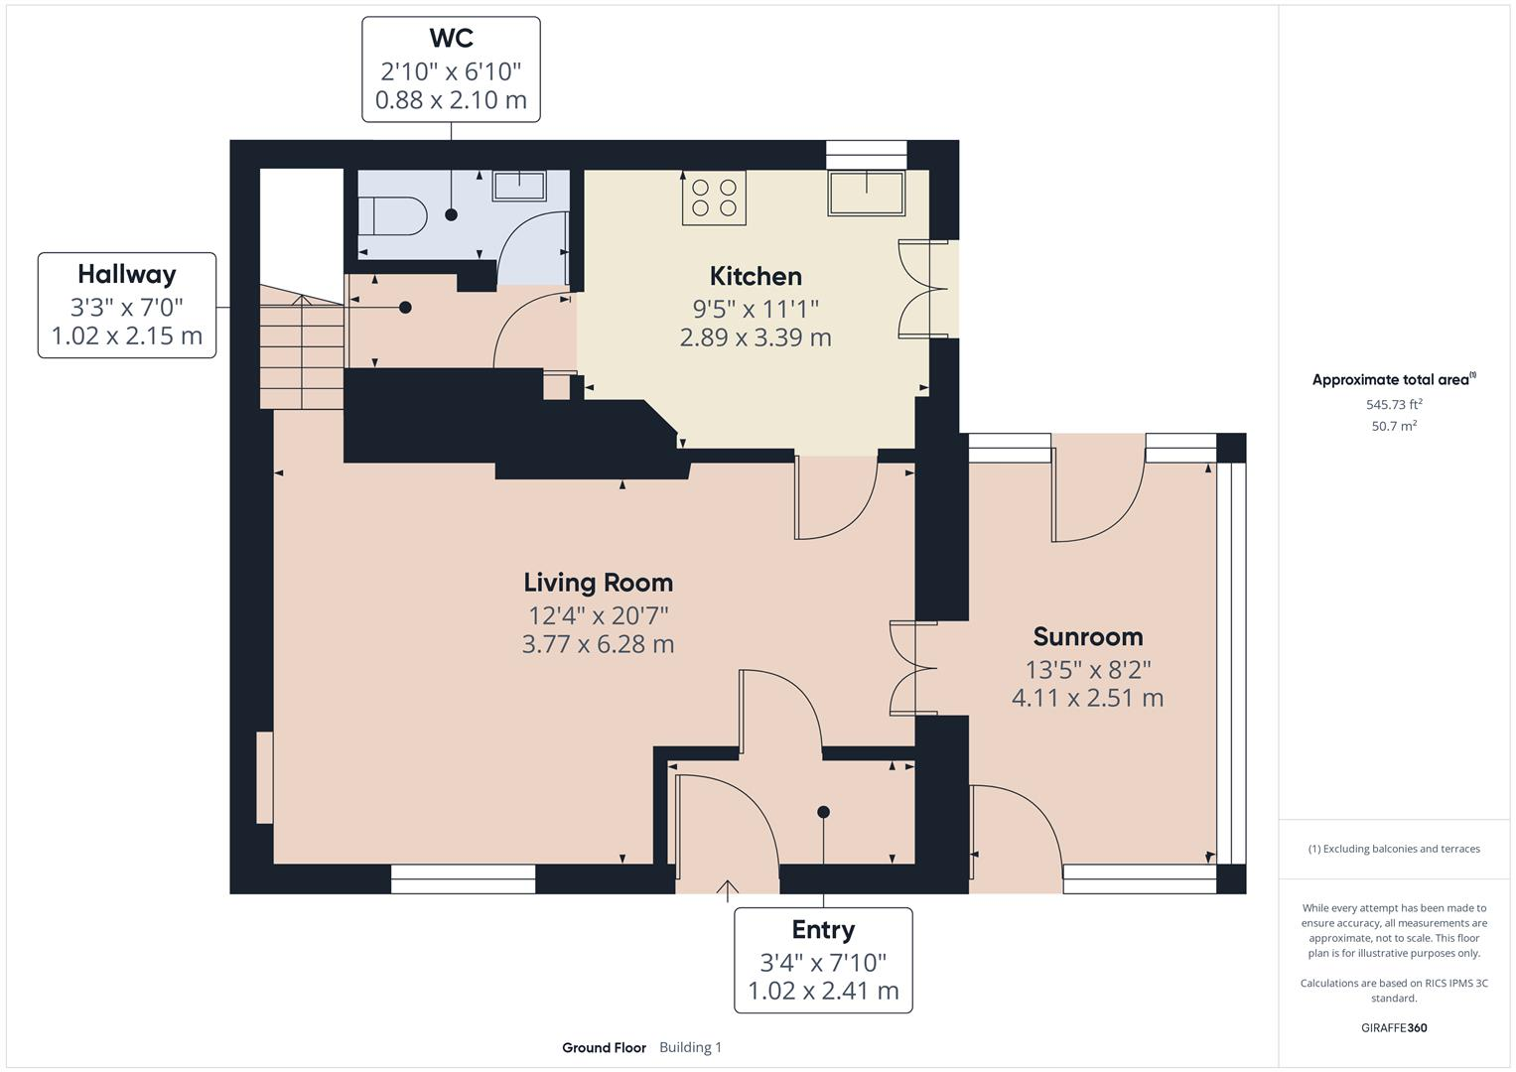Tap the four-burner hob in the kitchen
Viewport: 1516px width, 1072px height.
(714, 197)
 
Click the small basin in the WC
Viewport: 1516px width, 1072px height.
(520, 187)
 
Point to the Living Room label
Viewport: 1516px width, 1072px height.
(598, 583)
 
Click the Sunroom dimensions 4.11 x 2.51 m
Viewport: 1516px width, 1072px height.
(1087, 698)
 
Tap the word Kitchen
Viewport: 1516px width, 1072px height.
(756, 276)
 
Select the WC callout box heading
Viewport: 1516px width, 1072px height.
(451, 39)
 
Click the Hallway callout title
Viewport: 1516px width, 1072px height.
(127, 274)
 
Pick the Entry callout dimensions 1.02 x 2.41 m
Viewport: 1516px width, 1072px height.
(823, 991)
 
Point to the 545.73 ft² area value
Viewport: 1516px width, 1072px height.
(1394, 405)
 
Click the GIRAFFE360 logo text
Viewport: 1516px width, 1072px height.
(1394, 1027)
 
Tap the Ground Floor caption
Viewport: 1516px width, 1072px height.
(604, 1047)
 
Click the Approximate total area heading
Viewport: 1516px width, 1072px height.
(1393, 380)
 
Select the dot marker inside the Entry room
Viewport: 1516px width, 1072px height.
(823, 812)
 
